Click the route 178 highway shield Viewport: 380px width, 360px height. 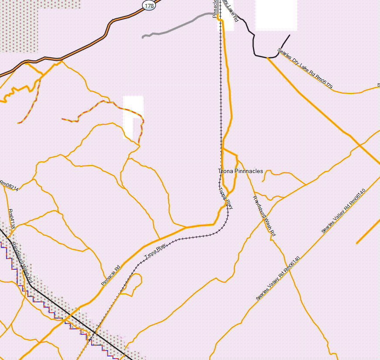pos(149,5)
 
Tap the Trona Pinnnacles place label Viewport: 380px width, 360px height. pos(240,171)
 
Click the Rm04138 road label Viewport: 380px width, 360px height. pos(12,219)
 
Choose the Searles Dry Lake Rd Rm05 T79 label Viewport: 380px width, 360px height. pos(305,69)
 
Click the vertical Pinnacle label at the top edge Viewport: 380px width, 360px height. pos(215,9)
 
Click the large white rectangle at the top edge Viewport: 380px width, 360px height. pos(276,15)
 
